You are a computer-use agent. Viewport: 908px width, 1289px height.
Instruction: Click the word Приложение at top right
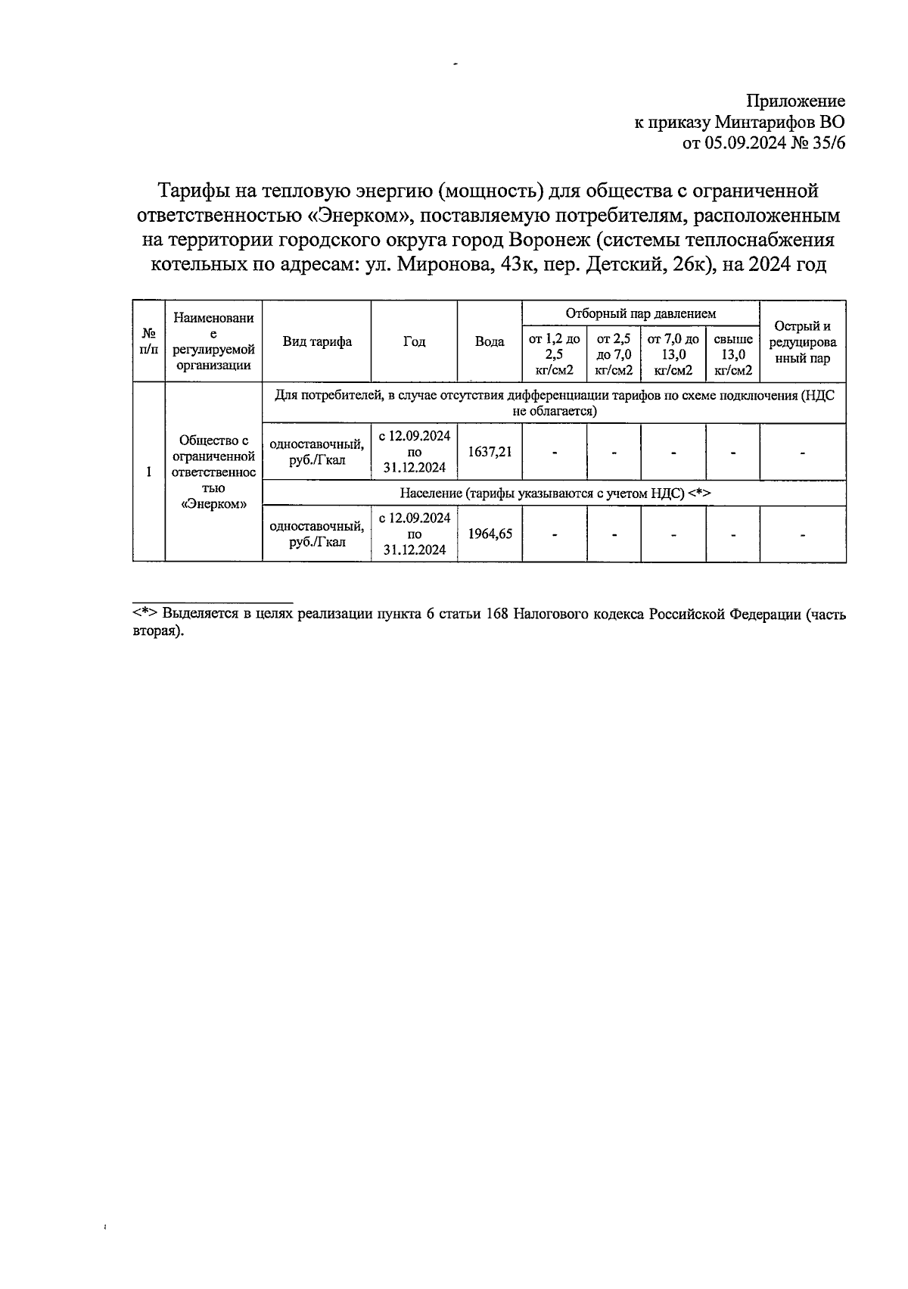[x=795, y=101]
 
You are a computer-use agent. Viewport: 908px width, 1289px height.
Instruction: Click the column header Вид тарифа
[x=317, y=341]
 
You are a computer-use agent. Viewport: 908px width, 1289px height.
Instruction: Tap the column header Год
[x=414, y=341]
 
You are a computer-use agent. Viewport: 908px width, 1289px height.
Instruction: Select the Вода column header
[x=490, y=341]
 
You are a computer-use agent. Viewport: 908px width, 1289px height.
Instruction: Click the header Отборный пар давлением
[x=640, y=313]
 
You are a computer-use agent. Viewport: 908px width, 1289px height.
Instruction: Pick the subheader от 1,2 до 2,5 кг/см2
[x=554, y=354]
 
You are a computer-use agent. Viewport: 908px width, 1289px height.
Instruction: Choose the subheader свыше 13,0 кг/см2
[x=733, y=354]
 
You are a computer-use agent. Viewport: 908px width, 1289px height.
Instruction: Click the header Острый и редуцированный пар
[x=802, y=342]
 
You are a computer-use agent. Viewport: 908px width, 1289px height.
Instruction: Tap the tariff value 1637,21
[x=490, y=452]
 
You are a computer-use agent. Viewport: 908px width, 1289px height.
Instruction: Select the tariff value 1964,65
[x=490, y=534]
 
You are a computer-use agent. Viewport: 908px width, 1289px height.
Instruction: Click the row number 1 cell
[x=149, y=472]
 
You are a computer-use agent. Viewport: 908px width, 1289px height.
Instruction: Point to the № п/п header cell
[x=149, y=341]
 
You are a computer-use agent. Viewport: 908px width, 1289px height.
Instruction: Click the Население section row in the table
[x=555, y=493]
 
